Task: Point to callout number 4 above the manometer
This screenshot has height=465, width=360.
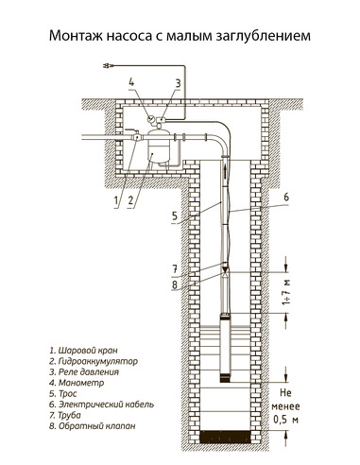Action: click(x=131, y=82)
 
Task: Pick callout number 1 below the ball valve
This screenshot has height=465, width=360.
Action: click(x=114, y=201)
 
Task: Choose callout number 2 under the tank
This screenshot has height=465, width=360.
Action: click(x=131, y=201)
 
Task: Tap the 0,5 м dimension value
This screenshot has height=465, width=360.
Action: click(x=283, y=419)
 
